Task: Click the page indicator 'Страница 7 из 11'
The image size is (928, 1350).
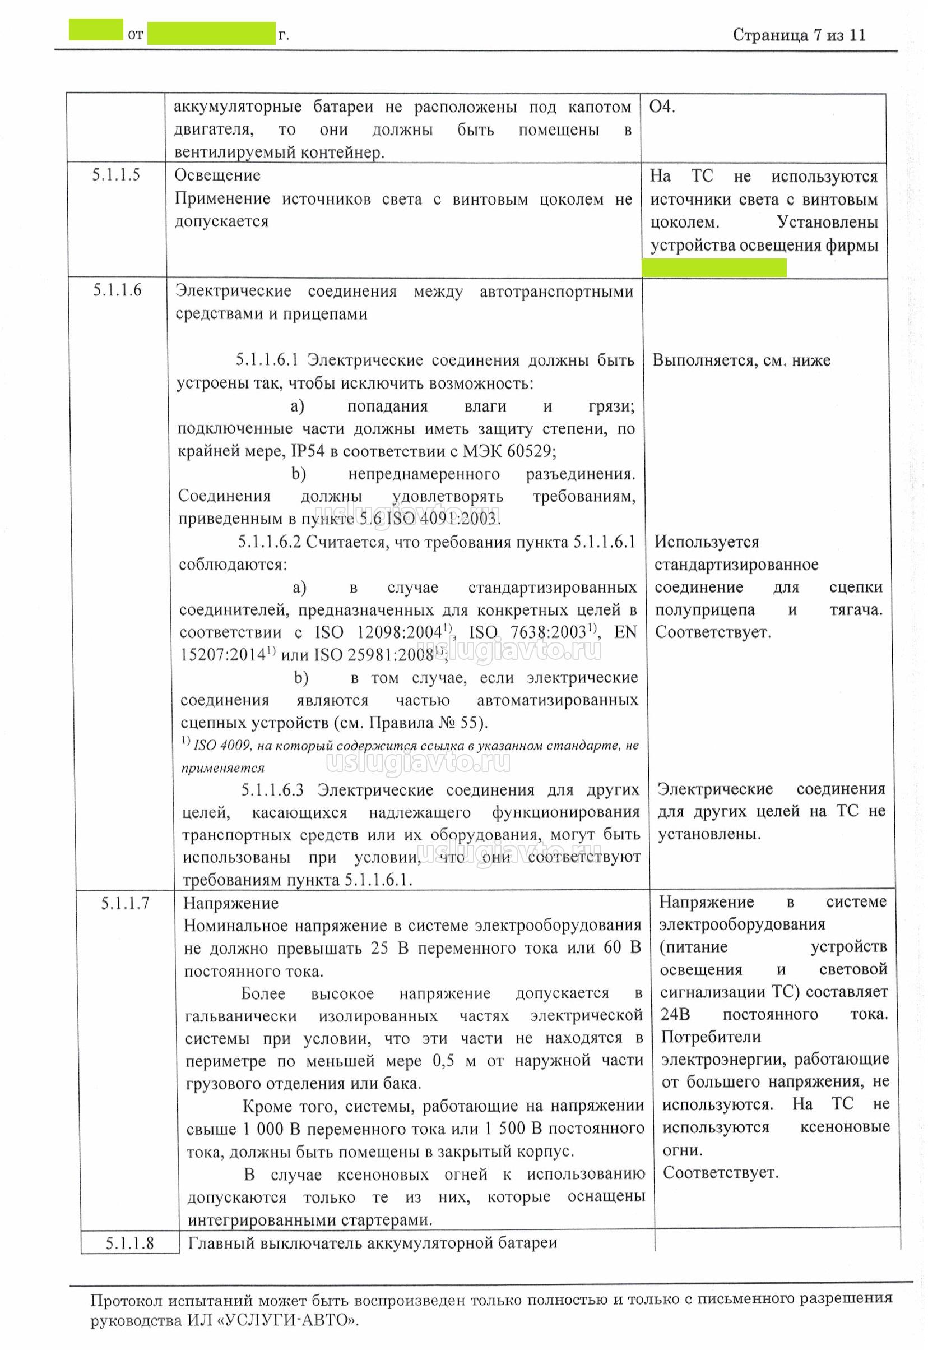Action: pos(799,35)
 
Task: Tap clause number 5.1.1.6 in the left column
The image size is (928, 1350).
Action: pos(117,290)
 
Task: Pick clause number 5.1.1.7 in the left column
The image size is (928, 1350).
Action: pos(124,903)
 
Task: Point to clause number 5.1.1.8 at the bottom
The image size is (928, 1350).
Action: pos(129,1243)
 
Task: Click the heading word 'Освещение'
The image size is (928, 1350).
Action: pos(217,175)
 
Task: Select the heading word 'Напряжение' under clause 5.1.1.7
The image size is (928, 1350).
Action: pos(231,903)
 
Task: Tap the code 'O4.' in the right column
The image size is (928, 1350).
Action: pos(662,107)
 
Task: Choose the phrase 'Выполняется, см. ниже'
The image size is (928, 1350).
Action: pos(741,360)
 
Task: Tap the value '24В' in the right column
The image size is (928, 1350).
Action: pos(675,1015)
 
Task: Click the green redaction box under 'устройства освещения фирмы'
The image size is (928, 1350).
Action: pos(714,267)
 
